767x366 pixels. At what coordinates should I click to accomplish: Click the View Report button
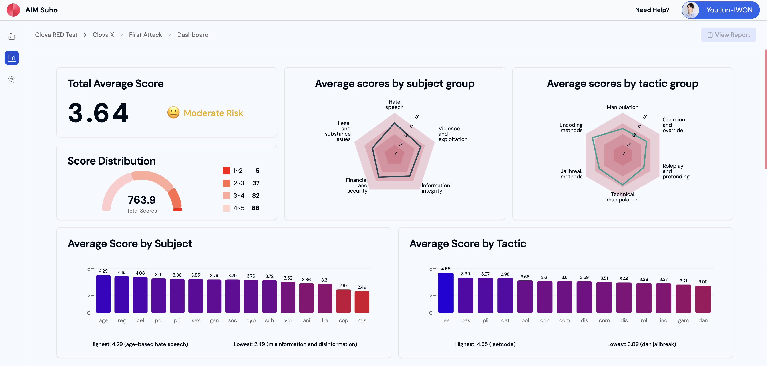(x=728, y=35)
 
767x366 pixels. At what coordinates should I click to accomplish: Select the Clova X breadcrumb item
(x=103, y=35)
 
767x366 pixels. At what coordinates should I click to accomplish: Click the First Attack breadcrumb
(x=145, y=35)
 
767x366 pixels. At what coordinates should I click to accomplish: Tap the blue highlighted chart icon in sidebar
(x=12, y=58)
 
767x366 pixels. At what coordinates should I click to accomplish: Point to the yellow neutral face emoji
(x=173, y=113)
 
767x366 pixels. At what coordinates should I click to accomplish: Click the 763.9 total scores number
(x=142, y=200)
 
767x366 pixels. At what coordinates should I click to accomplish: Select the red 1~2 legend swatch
(x=226, y=171)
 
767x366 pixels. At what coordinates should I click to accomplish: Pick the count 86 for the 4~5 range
(x=255, y=208)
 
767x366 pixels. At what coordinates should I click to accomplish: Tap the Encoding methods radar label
(x=571, y=128)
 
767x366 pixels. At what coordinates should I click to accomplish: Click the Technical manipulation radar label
(x=622, y=197)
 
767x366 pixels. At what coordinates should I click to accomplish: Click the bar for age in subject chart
(x=103, y=294)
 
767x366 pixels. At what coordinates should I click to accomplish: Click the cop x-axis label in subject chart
(x=343, y=320)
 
